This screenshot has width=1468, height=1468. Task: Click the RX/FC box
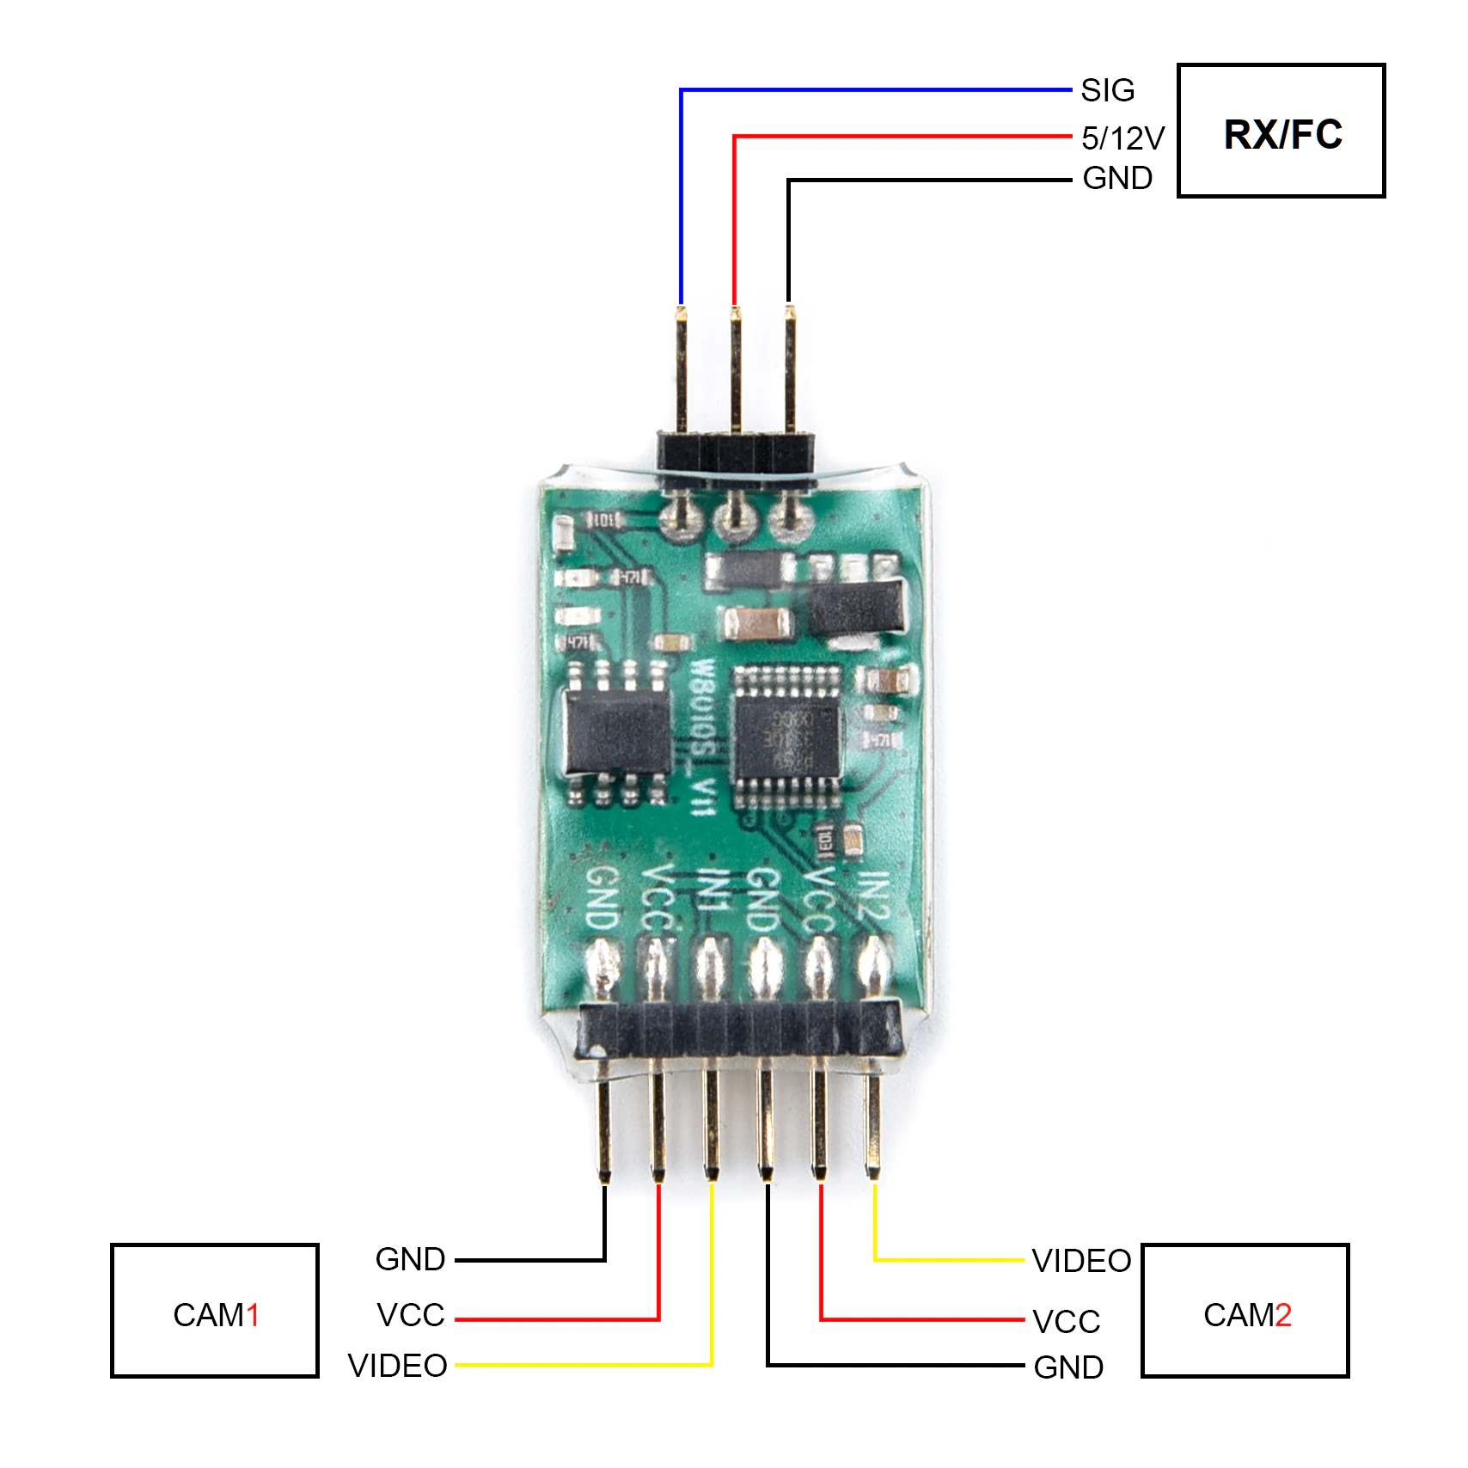tap(1281, 131)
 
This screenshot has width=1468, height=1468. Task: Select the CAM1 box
tap(215, 1311)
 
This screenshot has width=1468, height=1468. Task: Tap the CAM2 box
tap(1245, 1311)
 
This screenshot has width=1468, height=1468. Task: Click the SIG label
tap(1108, 90)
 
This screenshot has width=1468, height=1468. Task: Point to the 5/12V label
tap(1122, 138)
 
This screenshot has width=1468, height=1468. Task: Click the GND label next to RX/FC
tap(1117, 179)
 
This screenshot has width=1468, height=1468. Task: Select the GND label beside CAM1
tap(410, 1259)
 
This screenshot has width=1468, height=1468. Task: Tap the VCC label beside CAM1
tap(411, 1315)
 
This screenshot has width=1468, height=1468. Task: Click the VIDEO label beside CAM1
tap(398, 1366)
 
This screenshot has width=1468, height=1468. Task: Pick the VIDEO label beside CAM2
tap(1081, 1261)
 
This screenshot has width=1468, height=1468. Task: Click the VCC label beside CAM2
tap(1067, 1322)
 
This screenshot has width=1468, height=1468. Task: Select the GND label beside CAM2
tap(1068, 1367)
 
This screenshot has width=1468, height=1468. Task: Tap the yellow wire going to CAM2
tap(945, 1261)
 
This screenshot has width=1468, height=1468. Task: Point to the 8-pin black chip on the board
tap(617, 732)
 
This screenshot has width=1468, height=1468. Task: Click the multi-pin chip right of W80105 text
tap(786, 737)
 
